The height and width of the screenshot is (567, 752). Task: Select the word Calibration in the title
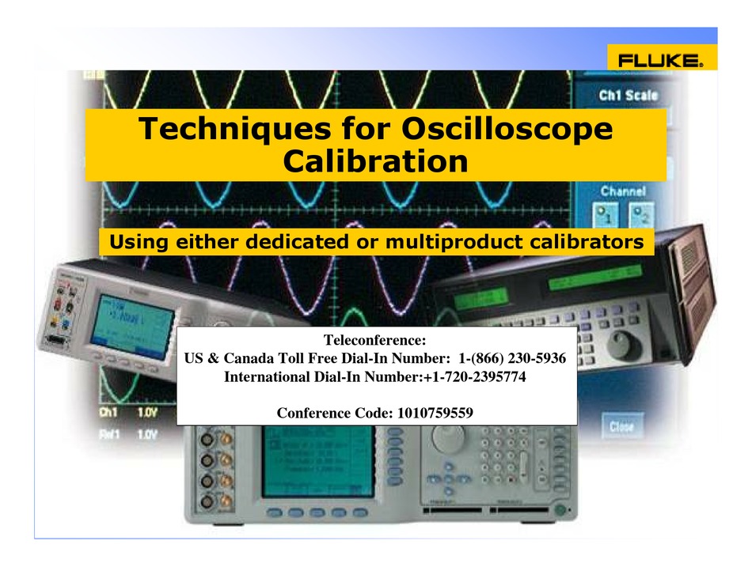click(375, 161)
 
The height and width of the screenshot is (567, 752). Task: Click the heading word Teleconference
click(374, 341)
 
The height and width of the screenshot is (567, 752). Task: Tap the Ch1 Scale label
click(628, 96)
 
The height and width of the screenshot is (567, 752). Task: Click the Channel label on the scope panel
click(623, 191)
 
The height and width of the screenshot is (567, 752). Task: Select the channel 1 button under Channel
click(607, 214)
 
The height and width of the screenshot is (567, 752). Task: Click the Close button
click(621, 427)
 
